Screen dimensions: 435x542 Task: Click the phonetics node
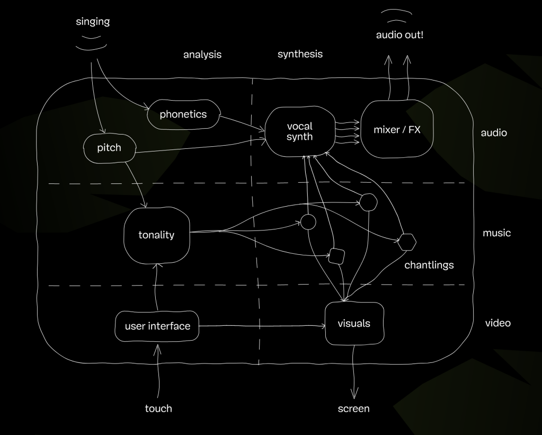[183, 114]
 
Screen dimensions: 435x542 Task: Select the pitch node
[109, 147]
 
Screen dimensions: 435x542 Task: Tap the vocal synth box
[299, 131]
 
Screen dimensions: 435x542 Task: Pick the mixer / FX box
[397, 129]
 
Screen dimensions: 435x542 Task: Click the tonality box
[156, 235]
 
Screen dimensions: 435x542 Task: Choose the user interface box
[157, 326]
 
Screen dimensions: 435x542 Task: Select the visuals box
[353, 323]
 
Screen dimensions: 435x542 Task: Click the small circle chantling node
[308, 222]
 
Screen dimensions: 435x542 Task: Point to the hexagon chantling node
[407, 242]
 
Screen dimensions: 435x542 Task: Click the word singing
[93, 22]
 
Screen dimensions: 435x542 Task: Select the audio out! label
[399, 36]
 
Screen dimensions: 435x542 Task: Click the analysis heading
[202, 55]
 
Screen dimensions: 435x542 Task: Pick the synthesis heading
[300, 54]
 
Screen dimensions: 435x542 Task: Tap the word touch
[158, 409]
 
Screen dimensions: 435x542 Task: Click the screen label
[353, 409]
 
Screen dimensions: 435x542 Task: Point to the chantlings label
[429, 265]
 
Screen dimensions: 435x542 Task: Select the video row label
[497, 323]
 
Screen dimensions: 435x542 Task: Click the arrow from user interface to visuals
[262, 326]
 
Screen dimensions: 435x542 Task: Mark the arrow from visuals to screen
[354, 371]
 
